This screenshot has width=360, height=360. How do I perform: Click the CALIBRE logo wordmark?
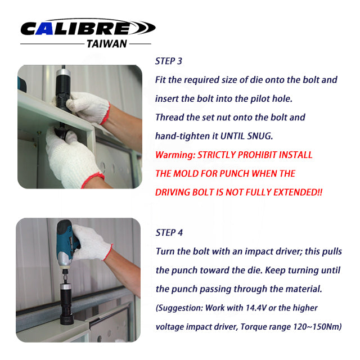[x=88, y=28]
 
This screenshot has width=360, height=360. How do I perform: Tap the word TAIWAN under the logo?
[x=107, y=44]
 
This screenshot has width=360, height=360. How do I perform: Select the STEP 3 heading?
[x=169, y=61]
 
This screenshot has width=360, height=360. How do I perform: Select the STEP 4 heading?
[x=169, y=232]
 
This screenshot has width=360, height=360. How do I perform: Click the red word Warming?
[x=175, y=155]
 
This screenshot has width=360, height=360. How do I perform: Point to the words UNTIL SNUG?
[x=246, y=136]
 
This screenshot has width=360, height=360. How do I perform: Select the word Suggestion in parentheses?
[x=179, y=308]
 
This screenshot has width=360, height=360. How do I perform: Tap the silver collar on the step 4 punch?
[x=65, y=286]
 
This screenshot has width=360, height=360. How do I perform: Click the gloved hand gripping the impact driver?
[x=91, y=243]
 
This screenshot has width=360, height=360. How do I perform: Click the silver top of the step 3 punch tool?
[x=63, y=73]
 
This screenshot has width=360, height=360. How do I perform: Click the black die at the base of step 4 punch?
[x=66, y=319]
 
